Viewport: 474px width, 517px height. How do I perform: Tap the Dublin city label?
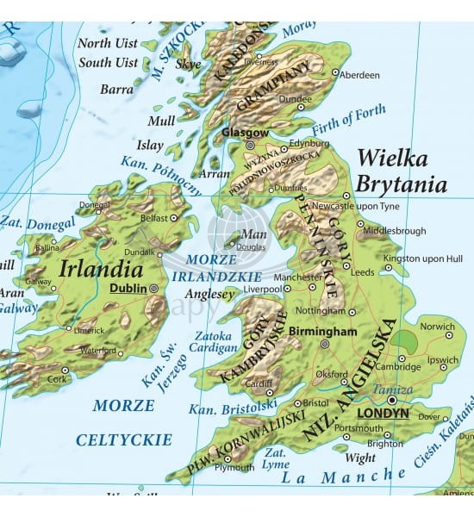(x=128, y=290)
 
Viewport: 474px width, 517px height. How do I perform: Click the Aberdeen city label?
(x=359, y=76)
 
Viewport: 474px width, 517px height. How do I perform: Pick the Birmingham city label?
(x=322, y=331)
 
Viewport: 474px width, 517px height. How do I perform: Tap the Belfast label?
(x=154, y=219)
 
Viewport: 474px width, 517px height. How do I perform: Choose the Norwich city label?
(x=437, y=327)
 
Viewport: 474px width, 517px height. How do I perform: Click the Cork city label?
(x=57, y=379)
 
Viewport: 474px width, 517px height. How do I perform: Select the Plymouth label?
(x=234, y=468)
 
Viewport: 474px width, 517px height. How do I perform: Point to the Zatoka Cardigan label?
(x=213, y=342)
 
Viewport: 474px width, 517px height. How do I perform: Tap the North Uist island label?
(x=107, y=43)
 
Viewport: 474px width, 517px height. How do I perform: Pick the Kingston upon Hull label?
(x=423, y=258)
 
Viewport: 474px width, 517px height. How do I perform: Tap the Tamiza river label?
(x=391, y=389)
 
